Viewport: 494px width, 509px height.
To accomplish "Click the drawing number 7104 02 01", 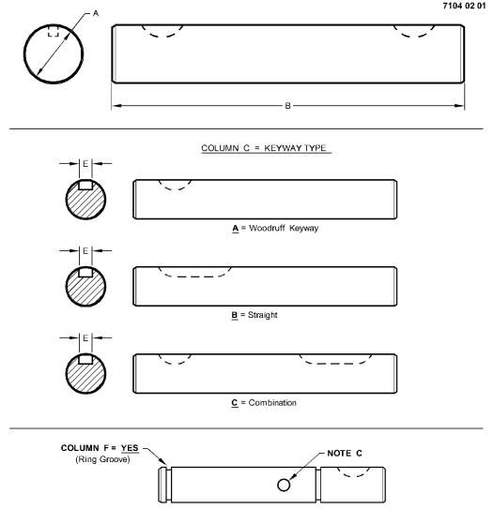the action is [464, 6].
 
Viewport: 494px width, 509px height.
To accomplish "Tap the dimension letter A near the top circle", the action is [96, 13].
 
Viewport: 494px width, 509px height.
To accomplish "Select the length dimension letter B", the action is [287, 106].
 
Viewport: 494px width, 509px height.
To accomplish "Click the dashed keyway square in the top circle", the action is [54, 31].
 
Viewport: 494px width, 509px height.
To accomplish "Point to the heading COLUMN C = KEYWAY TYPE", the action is [264, 148].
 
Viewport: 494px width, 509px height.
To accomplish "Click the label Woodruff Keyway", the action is [284, 228].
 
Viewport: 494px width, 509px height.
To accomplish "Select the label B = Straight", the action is [255, 315].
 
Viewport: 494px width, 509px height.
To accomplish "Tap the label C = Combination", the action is [264, 403].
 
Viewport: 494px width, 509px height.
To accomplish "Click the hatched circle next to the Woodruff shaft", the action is [85, 200].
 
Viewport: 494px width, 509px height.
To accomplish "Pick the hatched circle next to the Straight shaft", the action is [85, 286].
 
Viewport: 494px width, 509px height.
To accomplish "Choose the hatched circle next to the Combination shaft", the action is [85, 374].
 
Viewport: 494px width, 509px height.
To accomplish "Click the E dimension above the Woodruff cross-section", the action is [85, 164].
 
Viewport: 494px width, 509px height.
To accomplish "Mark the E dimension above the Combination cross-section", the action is [85, 337].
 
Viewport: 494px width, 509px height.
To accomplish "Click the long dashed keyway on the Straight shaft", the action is [194, 277].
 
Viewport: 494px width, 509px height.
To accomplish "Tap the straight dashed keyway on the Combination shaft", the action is [335, 364].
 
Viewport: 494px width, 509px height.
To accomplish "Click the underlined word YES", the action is [130, 448].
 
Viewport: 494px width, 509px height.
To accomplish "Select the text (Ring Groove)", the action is [102, 459].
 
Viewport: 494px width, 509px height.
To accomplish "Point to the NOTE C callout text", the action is [345, 453].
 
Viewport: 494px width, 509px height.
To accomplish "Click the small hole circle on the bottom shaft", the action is [284, 486].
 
